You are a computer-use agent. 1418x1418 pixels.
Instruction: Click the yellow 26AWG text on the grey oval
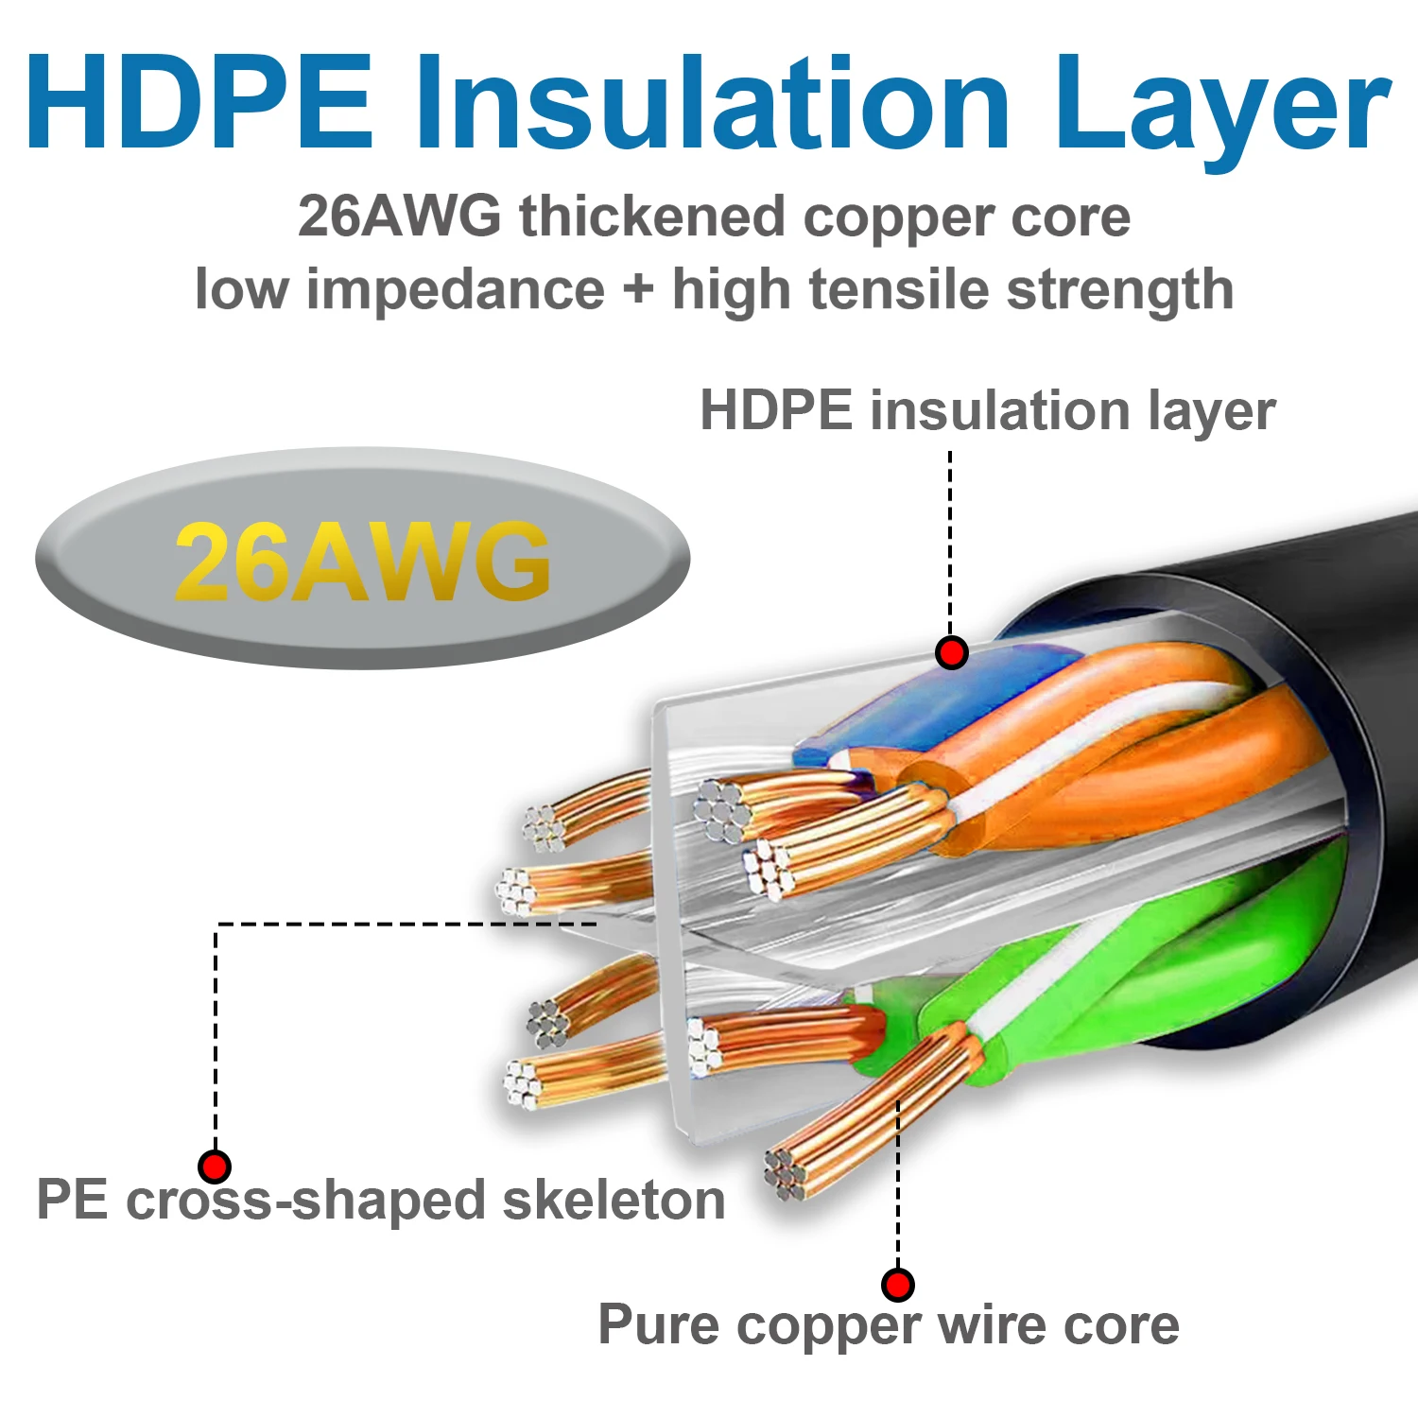coord(362,562)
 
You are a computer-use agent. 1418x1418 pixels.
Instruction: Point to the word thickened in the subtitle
coord(651,217)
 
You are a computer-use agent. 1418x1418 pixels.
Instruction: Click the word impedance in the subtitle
coord(455,289)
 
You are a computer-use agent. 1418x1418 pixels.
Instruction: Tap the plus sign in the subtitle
coord(639,289)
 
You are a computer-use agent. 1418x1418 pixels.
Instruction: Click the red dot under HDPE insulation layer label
coord(951,652)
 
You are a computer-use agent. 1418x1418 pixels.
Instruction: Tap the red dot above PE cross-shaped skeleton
coord(215,1166)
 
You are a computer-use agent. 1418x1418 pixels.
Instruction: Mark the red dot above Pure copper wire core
coord(897,1285)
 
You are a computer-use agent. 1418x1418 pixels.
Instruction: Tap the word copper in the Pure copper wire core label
coord(828,1326)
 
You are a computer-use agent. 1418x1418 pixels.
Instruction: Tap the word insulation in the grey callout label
coord(1000,411)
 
